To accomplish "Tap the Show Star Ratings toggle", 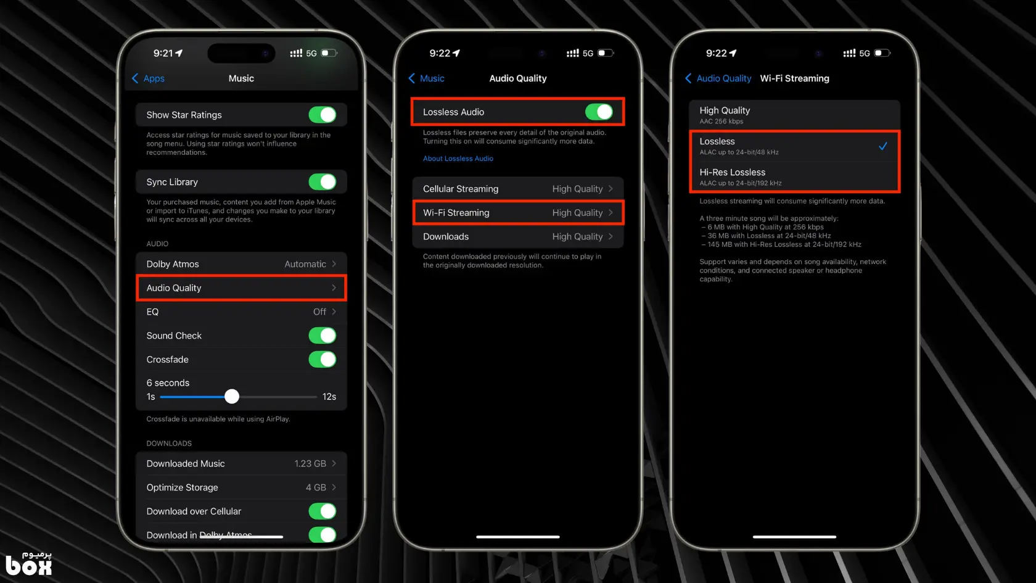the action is (x=323, y=115).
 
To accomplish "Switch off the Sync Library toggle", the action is (x=323, y=182).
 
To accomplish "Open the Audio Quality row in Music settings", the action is (x=242, y=287).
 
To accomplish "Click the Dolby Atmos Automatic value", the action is (x=305, y=264).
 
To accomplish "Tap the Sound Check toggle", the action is (x=323, y=336).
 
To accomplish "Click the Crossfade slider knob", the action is (x=232, y=397).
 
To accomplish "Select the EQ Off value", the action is (x=319, y=312).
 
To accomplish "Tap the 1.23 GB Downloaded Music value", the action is (x=310, y=464).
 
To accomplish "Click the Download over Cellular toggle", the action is (x=323, y=511).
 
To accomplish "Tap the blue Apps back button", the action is (x=149, y=79).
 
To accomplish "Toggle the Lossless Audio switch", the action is (x=599, y=112).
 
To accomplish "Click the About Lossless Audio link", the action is (x=458, y=159).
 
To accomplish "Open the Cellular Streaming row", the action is (x=518, y=189).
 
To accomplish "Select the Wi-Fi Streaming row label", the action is (x=456, y=213).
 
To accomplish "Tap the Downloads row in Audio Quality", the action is (x=518, y=236).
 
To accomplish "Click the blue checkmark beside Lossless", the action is (x=883, y=146).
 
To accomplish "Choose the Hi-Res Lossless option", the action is (x=794, y=176).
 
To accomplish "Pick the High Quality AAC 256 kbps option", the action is (x=794, y=115).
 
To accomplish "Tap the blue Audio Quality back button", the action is (x=718, y=79).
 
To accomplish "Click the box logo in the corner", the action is (x=28, y=564).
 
